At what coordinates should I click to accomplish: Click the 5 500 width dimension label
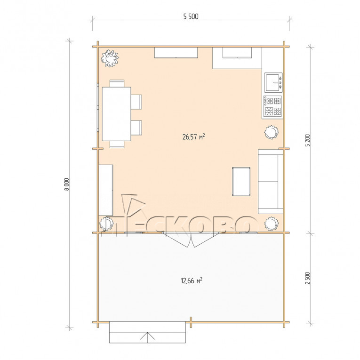click(x=191, y=16)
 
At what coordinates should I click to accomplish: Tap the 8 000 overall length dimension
click(x=66, y=184)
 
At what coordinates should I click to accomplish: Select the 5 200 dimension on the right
click(x=308, y=141)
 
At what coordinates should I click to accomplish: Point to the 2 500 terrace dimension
click(x=308, y=278)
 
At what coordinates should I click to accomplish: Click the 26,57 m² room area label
click(x=193, y=137)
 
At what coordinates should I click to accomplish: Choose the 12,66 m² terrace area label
click(x=192, y=280)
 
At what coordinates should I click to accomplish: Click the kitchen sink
click(x=273, y=82)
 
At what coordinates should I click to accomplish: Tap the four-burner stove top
click(x=273, y=106)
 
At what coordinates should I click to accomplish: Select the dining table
click(x=116, y=114)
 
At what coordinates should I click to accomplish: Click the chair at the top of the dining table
click(x=117, y=83)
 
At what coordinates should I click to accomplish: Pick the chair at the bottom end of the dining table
click(x=117, y=144)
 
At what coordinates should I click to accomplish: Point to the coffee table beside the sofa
click(x=241, y=182)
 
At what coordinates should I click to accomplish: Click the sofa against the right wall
click(x=271, y=182)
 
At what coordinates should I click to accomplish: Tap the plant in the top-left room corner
click(x=110, y=58)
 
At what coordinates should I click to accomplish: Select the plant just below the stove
click(x=271, y=132)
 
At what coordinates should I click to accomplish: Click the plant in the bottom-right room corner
click(x=271, y=224)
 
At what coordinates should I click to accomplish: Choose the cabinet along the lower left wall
click(x=105, y=190)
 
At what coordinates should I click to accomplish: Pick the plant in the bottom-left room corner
click(x=106, y=224)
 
